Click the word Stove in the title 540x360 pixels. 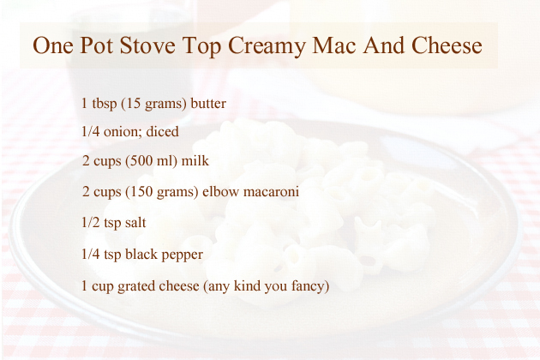(x=147, y=45)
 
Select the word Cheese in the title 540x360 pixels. (x=447, y=45)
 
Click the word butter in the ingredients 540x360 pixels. (x=208, y=103)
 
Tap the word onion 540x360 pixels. (x=123, y=132)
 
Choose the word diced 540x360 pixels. (x=163, y=131)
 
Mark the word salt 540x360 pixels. (x=135, y=222)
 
